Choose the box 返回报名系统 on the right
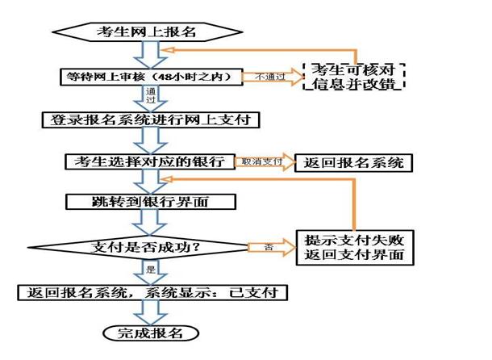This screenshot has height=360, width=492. [x=353, y=161]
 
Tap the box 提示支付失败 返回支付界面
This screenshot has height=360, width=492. [x=353, y=247]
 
